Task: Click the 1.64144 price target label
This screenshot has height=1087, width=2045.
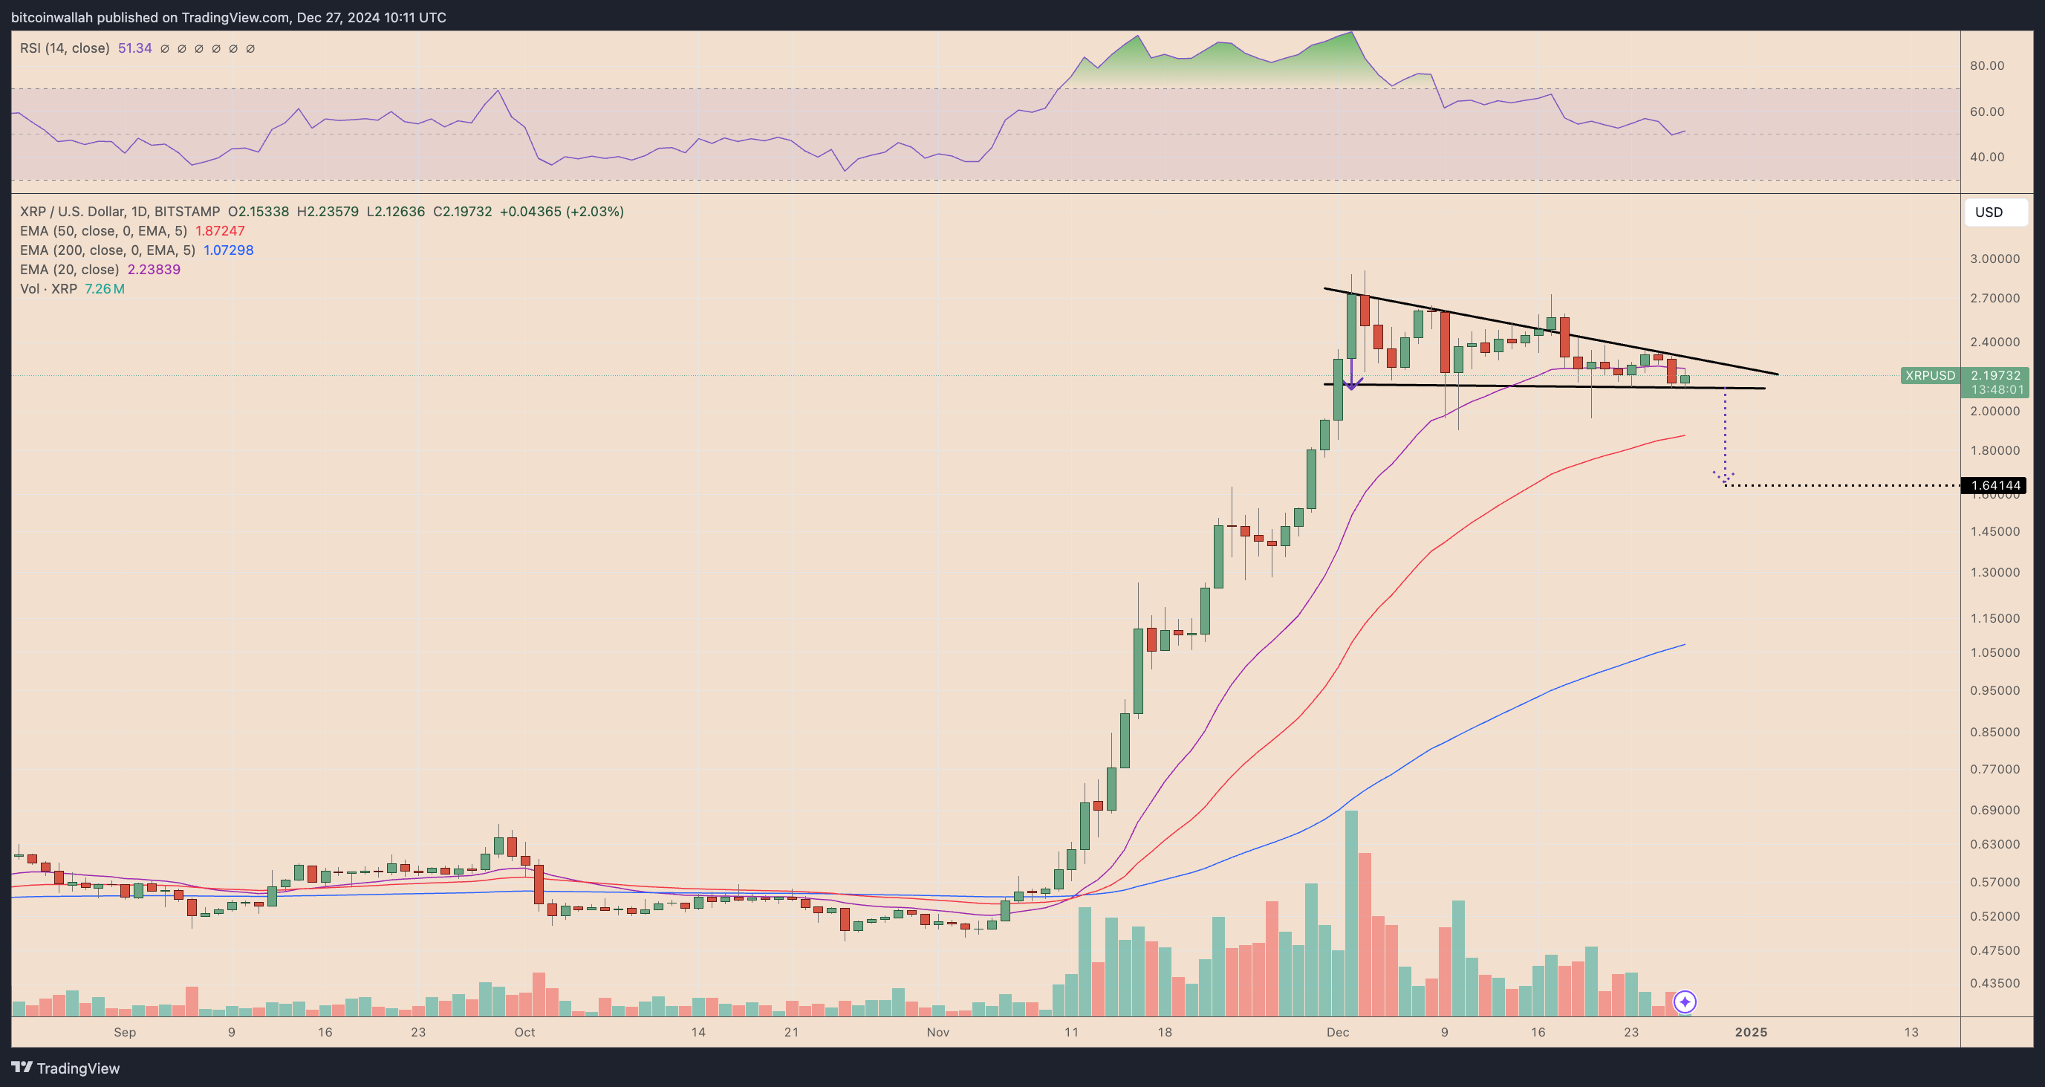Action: [x=1995, y=485]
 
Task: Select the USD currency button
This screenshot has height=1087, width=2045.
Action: [x=1989, y=212]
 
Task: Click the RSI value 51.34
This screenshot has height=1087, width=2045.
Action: [x=135, y=48]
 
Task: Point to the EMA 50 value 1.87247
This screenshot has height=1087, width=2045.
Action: [x=220, y=231]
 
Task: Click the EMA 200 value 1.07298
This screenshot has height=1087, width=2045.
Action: [x=229, y=250]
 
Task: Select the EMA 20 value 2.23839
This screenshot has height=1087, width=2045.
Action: [x=154, y=269]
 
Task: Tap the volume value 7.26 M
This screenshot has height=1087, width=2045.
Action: [x=105, y=289]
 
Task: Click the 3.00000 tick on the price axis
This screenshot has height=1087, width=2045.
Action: [x=1994, y=259]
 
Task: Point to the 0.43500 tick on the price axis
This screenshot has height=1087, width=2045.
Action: [x=1994, y=983]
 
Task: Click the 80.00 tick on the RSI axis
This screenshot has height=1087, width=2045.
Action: [x=1987, y=66]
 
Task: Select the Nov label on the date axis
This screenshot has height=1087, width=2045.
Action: [x=937, y=1032]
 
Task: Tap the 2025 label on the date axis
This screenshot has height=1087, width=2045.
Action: [x=1751, y=1032]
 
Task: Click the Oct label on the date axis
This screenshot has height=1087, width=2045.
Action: [x=524, y=1032]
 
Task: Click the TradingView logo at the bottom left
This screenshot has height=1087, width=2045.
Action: [x=66, y=1068]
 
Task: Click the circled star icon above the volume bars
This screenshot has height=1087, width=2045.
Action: [x=1685, y=1002]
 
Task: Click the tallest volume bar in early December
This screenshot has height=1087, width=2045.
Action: [x=1351, y=913]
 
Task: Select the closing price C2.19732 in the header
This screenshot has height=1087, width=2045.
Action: [x=462, y=212]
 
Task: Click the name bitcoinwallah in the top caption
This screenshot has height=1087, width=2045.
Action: [x=51, y=18]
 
